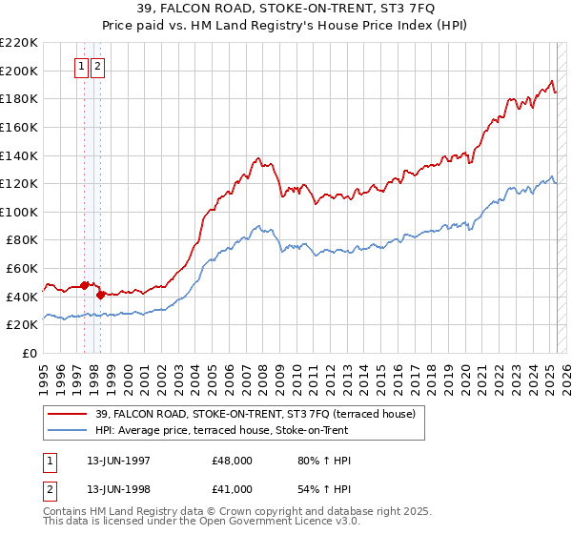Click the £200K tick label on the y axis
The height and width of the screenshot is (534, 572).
19,71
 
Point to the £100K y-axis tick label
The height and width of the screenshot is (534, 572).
19,212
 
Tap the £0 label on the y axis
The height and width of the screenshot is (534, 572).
29,354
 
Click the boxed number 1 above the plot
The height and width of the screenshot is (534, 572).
83,67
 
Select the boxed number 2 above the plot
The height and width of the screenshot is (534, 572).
99,67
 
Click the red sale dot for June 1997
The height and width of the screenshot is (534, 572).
84,285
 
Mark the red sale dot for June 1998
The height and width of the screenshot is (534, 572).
100,295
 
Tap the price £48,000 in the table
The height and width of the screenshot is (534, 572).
233,461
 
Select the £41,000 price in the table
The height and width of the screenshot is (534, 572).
233,489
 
